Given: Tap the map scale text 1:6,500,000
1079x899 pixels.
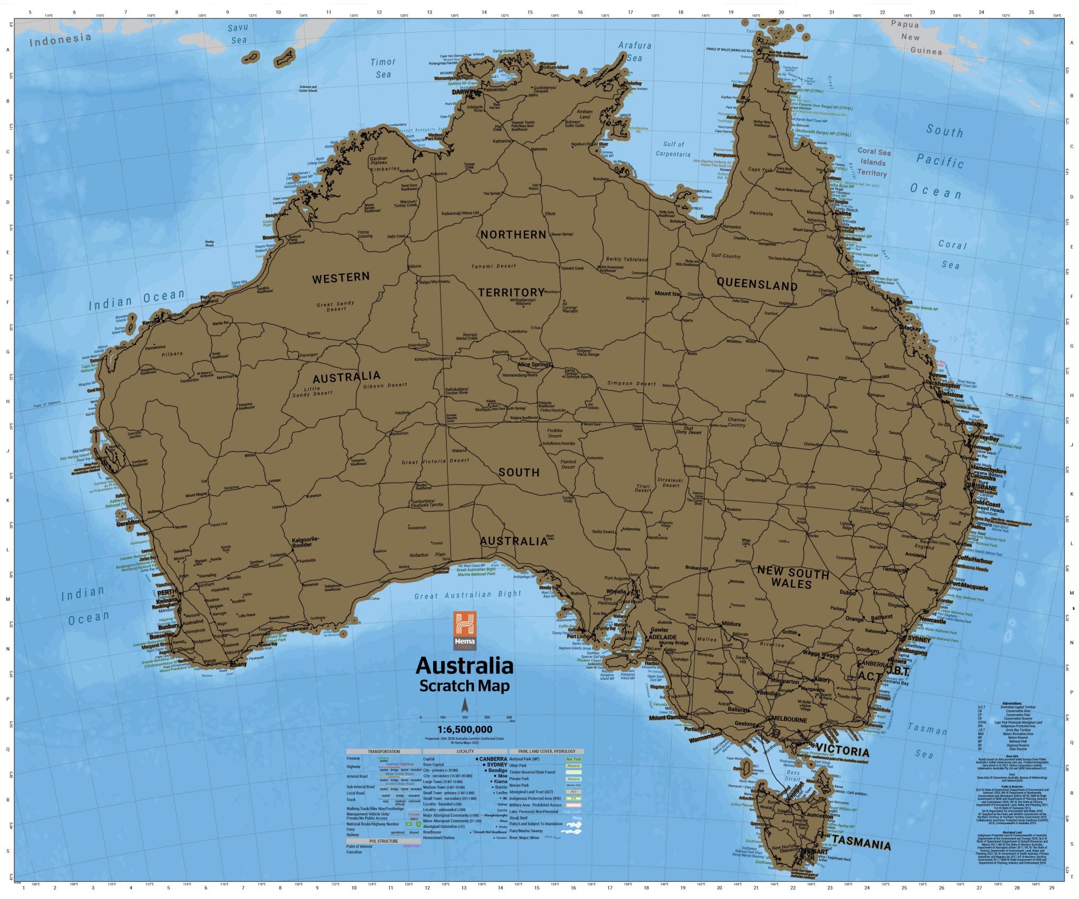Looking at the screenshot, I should [x=465, y=729].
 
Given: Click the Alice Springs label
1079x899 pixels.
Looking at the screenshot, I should [x=534, y=364].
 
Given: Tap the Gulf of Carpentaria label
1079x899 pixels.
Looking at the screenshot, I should [x=673, y=149].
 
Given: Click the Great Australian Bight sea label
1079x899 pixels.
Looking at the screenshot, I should [x=468, y=595].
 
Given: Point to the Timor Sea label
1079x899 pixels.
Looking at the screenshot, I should [x=383, y=68].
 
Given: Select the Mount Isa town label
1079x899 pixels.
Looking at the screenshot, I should [x=667, y=293].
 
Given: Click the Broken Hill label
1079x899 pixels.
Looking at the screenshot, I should [x=697, y=568].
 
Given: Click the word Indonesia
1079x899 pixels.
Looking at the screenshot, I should [x=60, y=39].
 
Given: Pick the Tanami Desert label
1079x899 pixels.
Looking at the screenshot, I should [x=494, y=266].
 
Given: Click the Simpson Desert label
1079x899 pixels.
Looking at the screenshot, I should [x=632, y=383].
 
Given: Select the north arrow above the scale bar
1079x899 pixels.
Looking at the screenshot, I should [x=465, y=705].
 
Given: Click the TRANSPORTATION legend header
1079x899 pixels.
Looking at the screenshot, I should [x=384, y=751].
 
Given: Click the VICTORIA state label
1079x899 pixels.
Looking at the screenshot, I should [x=842, y=752].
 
